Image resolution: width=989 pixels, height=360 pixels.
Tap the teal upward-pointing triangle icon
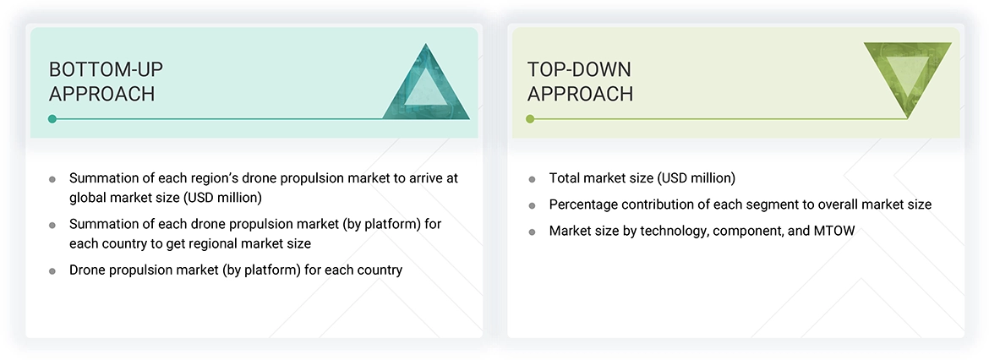[x=426, y=85]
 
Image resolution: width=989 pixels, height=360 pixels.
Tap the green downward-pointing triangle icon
[x=907, y=78]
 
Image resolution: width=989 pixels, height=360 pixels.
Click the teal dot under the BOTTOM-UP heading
[x=52, y=119]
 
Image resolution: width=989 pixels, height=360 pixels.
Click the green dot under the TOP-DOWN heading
[x=530, y=119]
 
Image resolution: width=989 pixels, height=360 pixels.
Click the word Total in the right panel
[x=565, y=178]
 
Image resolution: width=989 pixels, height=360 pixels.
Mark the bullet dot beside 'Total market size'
[x=532, y=179]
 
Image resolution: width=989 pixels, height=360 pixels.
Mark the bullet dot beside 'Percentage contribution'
[x=532, y=205]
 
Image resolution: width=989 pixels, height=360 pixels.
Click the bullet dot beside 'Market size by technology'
[x=532, y=232]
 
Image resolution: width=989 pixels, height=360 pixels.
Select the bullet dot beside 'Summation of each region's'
[x=52, y=179]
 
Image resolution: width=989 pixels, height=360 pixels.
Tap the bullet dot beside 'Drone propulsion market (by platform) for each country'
[x=52, y=271]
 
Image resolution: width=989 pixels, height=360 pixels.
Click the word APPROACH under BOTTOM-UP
[x=101, y=94]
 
